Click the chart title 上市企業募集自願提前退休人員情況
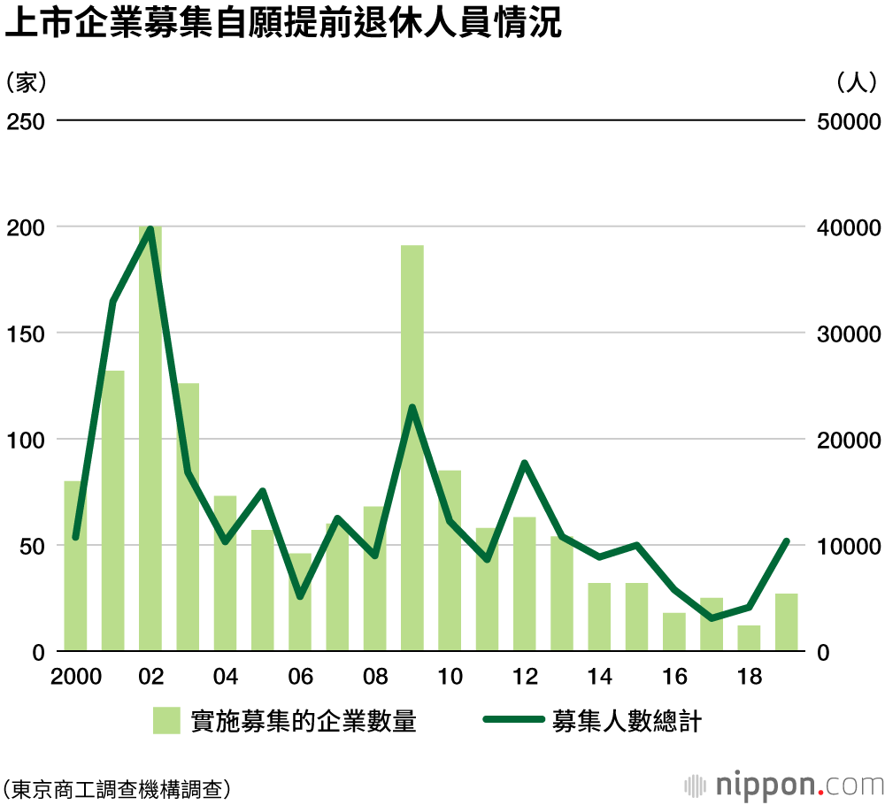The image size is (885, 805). point(283,24)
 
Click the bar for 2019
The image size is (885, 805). point(787,623)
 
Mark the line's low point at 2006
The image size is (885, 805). point(300,596)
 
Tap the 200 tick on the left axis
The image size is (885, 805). point(26,227)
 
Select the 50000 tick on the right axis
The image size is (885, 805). point(846,121)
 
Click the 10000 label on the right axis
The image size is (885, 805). point(846,546)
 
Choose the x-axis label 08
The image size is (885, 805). point(375,677)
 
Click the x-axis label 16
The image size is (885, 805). point(674,677)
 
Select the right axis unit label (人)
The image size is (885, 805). point(857,82)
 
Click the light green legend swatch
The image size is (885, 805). point(165,720)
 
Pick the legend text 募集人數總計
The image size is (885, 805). point(627,720)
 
